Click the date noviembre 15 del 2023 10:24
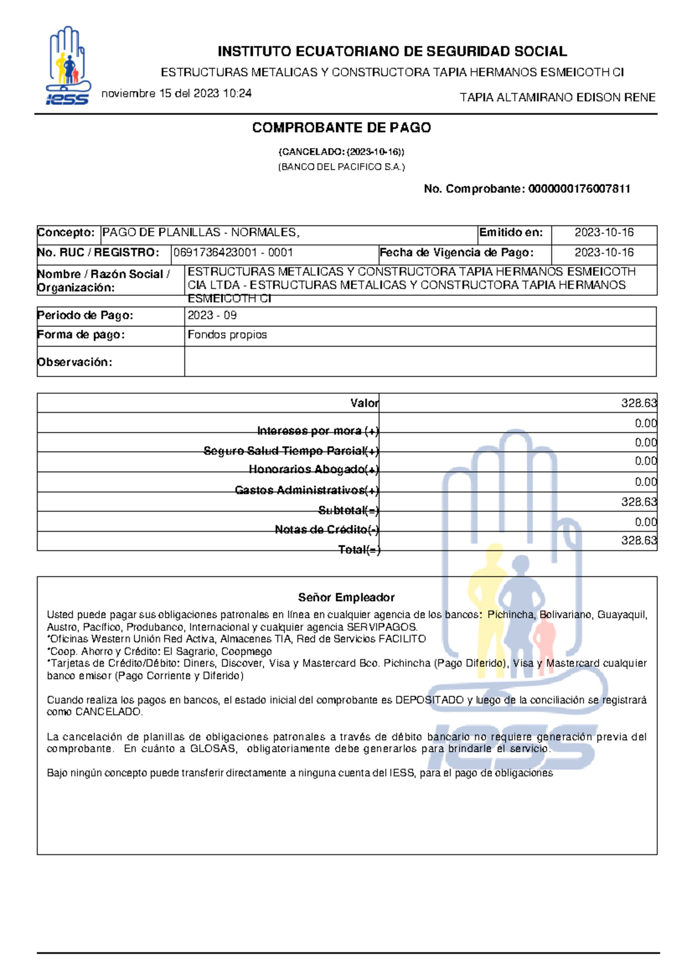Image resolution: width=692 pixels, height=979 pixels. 176,93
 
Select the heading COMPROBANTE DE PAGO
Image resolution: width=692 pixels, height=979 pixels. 341,128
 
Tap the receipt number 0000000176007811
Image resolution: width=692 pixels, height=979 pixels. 579,189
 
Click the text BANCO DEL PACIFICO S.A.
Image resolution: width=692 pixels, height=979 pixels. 341,167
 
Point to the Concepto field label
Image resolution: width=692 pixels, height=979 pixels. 66,233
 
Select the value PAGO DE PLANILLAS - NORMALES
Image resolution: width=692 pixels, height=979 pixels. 201,233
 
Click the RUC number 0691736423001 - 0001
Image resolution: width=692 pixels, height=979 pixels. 233,253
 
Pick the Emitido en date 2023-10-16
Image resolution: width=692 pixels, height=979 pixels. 604,233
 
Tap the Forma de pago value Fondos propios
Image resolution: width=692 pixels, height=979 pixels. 227,335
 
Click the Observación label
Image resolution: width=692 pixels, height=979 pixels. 74,362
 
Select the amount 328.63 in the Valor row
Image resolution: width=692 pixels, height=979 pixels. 638,403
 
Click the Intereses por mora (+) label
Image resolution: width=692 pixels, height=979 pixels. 318,431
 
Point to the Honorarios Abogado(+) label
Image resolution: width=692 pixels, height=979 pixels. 314,469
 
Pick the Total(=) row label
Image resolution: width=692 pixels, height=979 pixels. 359,549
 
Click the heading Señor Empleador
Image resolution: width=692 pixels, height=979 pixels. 346,597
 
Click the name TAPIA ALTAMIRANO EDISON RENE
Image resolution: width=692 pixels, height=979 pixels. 557,97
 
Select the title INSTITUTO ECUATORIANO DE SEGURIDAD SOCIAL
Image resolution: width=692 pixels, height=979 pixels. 392,52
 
